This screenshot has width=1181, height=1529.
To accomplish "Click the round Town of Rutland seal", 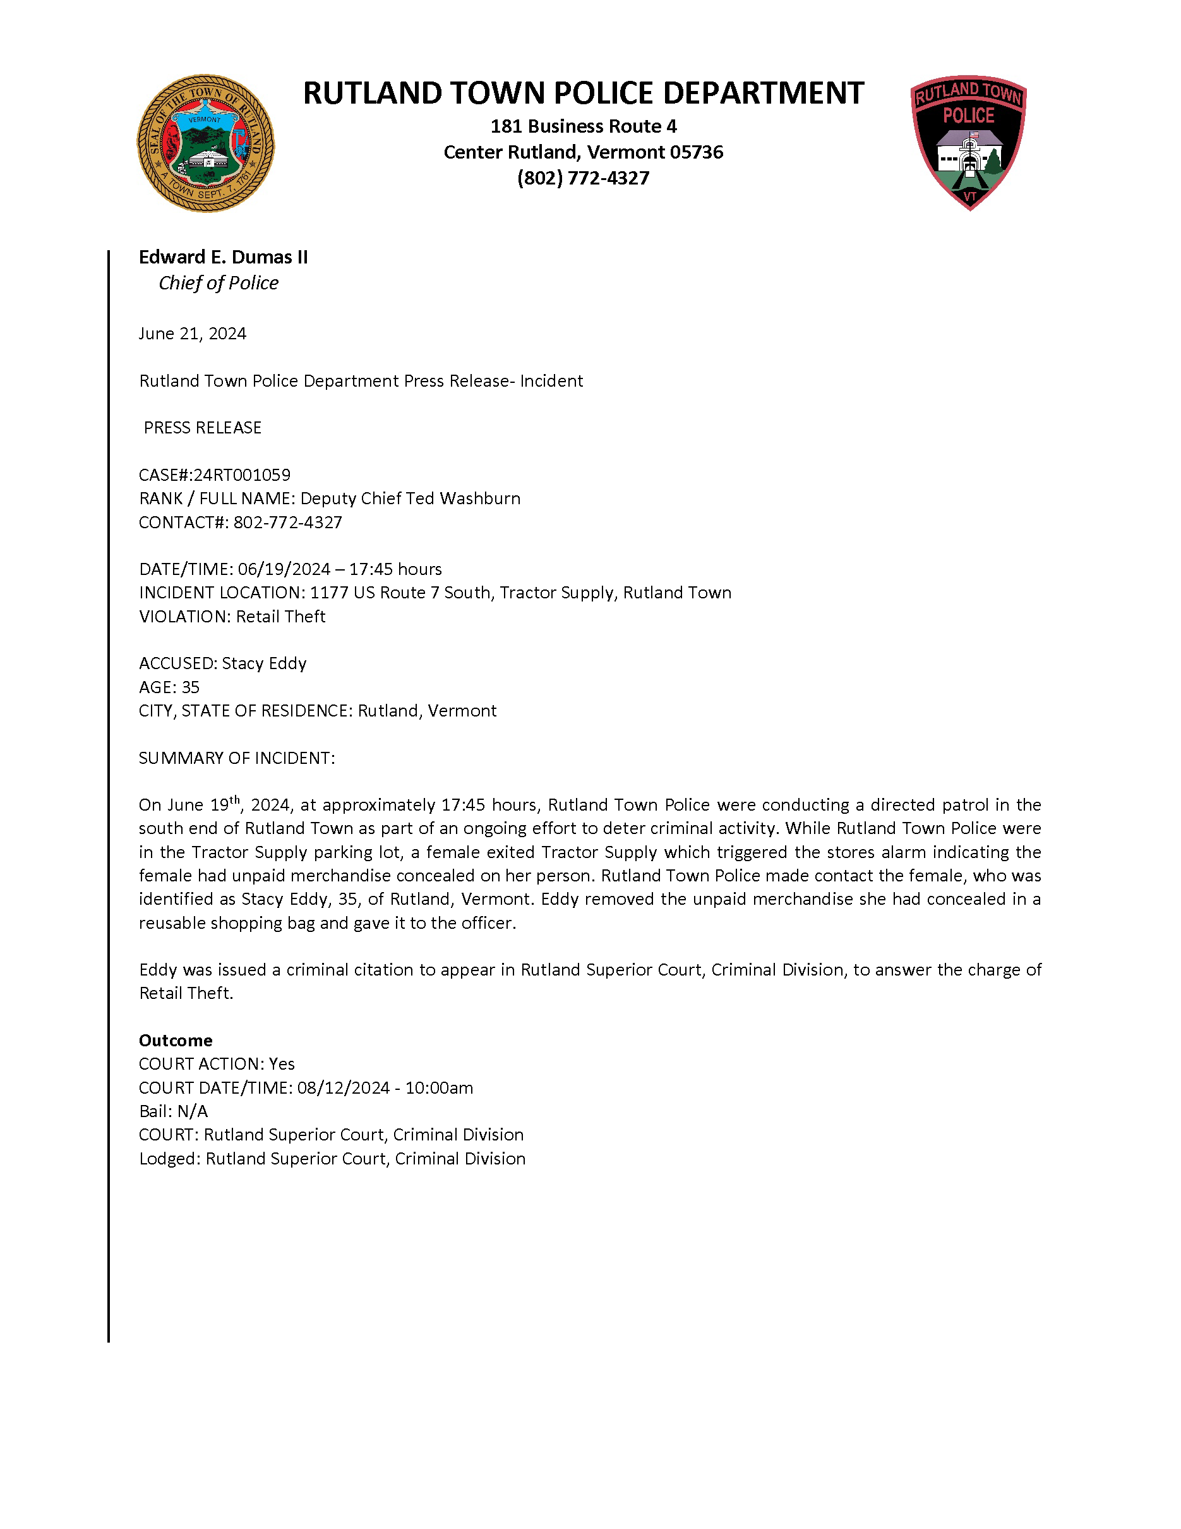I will pos(205,143).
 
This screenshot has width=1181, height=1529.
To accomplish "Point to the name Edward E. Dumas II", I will pos(223,257).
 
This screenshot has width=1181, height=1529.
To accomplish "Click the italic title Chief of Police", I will pos(219,283).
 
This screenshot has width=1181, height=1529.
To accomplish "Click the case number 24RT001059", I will pos(242,474).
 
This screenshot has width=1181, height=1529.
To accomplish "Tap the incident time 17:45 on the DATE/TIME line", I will pos(369,569).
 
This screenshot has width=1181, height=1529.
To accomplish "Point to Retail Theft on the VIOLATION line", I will pos(280,616).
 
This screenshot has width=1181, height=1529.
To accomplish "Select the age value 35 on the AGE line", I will pos(190,687).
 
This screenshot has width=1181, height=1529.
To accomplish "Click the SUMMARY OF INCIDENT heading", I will pos(236,758).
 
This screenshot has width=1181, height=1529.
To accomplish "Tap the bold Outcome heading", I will pos(176,1041).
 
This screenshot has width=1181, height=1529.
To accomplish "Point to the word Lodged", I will pos(169,1159).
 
